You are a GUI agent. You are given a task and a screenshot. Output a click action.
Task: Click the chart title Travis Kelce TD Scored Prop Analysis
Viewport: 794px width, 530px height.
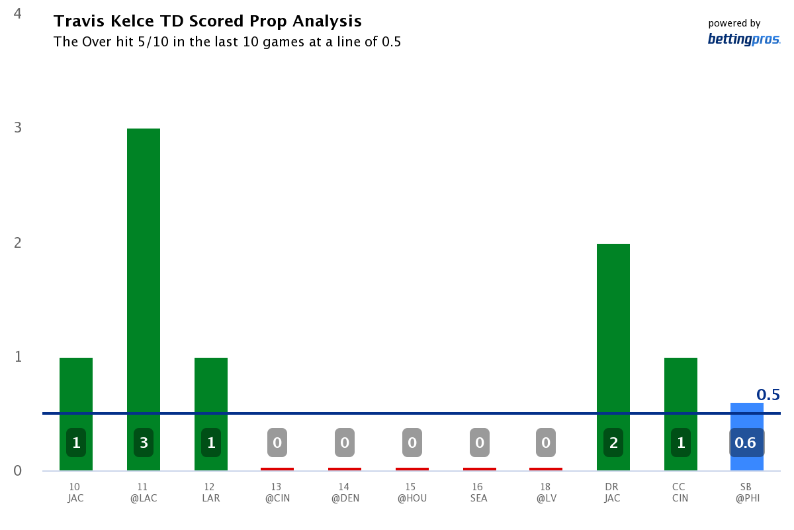pyautogui.click(x=207, y=21)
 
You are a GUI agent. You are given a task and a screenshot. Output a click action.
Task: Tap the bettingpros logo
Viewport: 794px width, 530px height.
pyautogui.click(x=744, y=39)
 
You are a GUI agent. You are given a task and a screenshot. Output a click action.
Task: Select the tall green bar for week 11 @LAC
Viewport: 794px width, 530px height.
pyautogui.click(x=144, y=278)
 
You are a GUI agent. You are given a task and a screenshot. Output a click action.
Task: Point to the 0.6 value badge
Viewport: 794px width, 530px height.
pyautogui.click(x=746, y=443)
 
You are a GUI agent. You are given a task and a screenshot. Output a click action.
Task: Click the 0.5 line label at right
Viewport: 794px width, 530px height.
pyautogui.click(x=768, y=396)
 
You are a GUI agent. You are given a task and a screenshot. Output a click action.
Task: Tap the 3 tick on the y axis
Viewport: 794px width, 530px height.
pyautogui.click(x=18, y=128)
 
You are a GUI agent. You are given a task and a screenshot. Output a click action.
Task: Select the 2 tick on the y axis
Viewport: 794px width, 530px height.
pyautogui.click(x=18, y=243)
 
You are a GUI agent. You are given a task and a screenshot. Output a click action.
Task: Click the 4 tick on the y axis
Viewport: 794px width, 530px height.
pyautogui.click(x=18, y=13)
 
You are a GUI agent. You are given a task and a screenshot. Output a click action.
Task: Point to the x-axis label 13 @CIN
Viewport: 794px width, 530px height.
pyautogui.click(x=277, y=492)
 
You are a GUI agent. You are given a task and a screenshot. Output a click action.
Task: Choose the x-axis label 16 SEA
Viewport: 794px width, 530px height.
pyautogui.click(x=478, y=492)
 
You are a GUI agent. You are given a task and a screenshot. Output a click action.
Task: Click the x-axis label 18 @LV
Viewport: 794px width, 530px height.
pyautogui.click(x=546, y=492)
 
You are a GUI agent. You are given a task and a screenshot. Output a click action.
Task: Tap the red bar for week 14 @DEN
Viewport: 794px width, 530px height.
pyautogui.click(x=345, y=469)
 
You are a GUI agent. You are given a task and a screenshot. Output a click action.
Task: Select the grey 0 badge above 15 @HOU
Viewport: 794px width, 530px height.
pyautogui.click(x=412, y=443)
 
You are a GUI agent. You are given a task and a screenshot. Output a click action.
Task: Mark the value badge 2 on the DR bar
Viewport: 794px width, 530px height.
pyautogui.click(x=613, y=443)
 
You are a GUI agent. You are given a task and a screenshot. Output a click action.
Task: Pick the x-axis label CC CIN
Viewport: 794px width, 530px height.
pyautogui.click(x=681, y=492)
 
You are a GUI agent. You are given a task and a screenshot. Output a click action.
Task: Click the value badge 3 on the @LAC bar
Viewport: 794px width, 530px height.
pyautogui.click(x=144, y=443)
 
